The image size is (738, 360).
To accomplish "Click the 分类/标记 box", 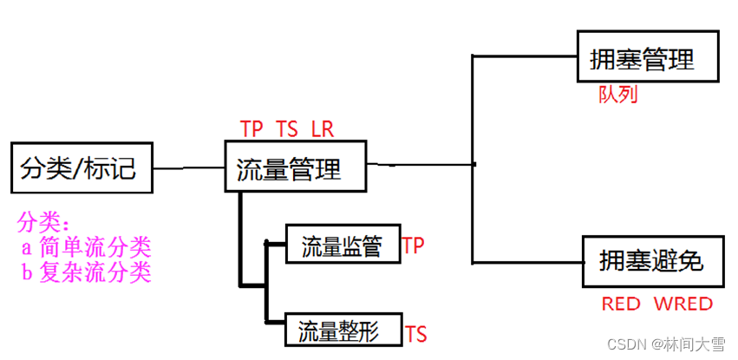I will point(82,167).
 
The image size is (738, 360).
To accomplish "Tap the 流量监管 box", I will point(342,246).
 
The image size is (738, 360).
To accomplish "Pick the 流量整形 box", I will point(342,331).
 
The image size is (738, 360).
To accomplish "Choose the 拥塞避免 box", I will point(652,261).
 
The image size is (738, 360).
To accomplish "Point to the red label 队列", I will point(618,95).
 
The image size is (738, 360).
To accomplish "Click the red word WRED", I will point(683,304).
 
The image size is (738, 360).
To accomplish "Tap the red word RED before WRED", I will point(621,304).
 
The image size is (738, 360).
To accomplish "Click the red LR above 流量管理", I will point(323,129).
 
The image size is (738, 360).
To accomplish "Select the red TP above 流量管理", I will point(251,129).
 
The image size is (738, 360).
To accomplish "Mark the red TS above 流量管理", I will point(287,129).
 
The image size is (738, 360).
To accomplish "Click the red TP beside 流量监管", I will point(413,245).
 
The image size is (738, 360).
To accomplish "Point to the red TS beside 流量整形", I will point(416,334).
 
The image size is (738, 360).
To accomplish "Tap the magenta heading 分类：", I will point(43,222).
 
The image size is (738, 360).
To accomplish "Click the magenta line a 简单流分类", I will point(87,248).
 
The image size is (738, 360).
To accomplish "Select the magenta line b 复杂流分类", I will point(87,273).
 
